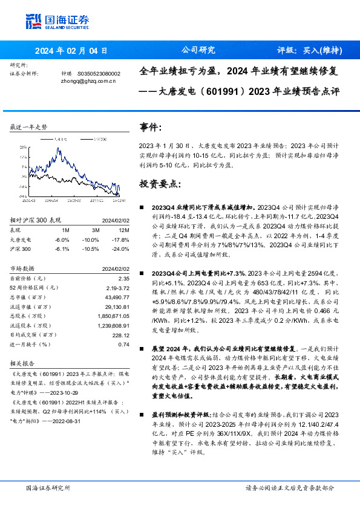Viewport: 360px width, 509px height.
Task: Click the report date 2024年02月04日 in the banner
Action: (71, 51)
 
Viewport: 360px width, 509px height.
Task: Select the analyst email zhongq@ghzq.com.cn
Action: (88, 80)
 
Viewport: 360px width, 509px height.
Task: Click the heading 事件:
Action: (151, 127)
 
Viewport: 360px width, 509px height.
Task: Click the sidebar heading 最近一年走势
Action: (29, 127)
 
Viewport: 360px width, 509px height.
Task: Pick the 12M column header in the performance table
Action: (125, 230)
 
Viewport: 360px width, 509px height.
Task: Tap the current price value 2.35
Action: (125, 278)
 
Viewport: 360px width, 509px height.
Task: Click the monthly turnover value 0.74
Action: (125, 344)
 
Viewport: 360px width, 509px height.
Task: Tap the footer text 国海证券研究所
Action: (48, 488)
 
